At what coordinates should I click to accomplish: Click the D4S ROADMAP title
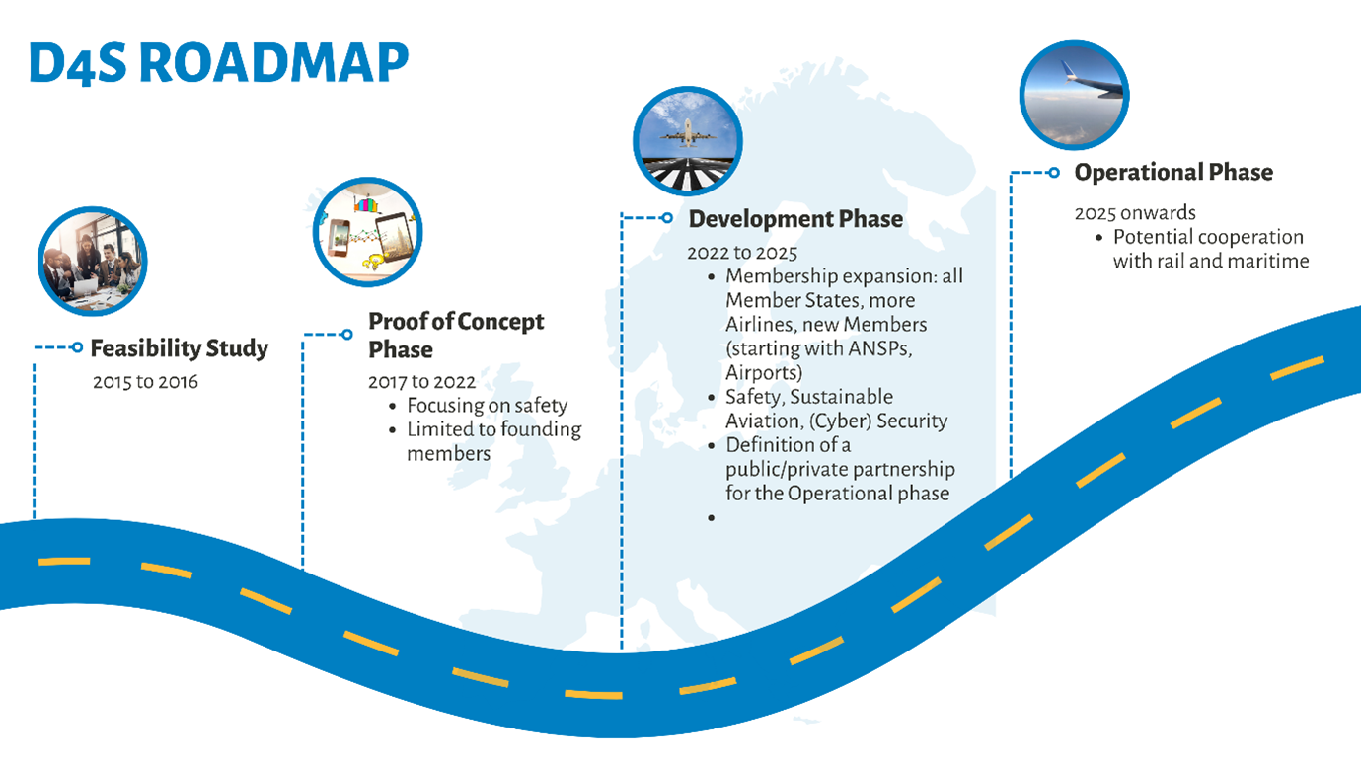[x=218, y=63]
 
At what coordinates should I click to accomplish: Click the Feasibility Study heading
[x=179, y=348]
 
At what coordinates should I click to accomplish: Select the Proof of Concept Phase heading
[x=455, y=336]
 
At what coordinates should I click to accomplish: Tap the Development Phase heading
[x=795, y=218]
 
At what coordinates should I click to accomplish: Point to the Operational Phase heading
[x=1173, y=172]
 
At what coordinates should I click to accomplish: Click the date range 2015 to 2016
[x=145, y=381]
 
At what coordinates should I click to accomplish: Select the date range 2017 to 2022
[x=421, y=381]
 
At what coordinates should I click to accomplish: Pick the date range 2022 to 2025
[x=742, y=253]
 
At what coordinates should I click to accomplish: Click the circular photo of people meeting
[x=92, y=262]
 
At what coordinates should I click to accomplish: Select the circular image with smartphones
[x=367, y=233]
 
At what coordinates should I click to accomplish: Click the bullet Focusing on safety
[x=487, y=405]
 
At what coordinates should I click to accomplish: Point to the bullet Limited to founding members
[x=493, y=441]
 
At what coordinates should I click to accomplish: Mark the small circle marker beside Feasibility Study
[x=77, y=347]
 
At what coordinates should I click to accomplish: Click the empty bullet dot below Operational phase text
[x=711, y=517]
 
